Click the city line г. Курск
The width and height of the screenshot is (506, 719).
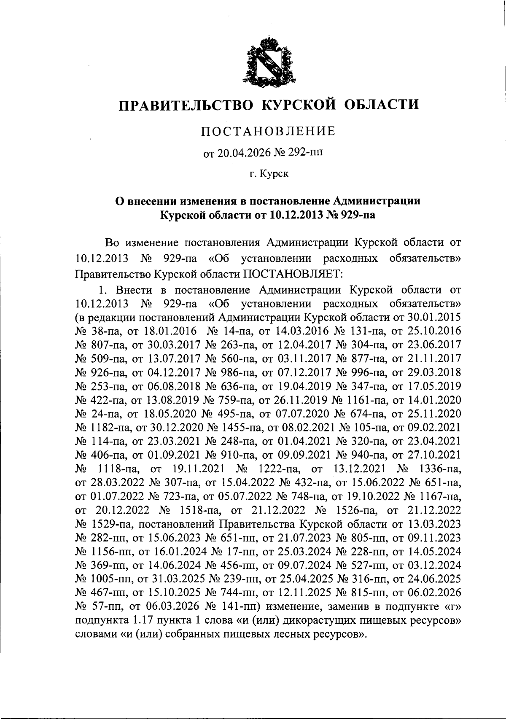click(269, 174)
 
